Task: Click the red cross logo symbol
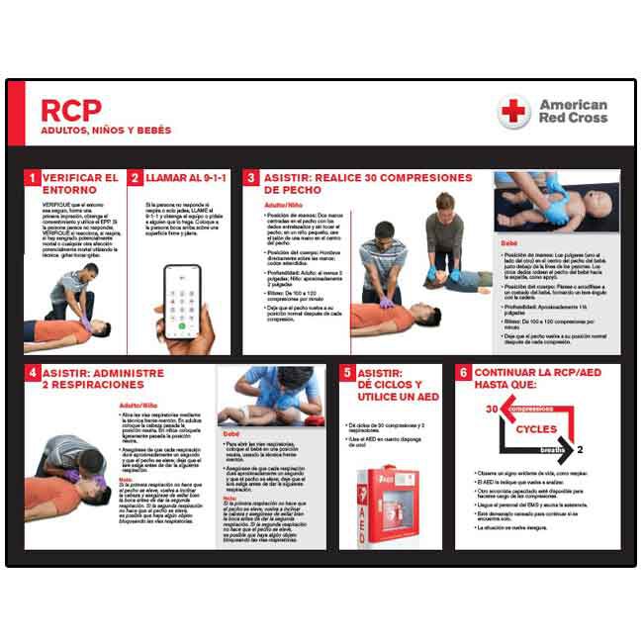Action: pyautogui.click(x=513, y=112)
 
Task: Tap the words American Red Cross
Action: pyautogui.click(x=573, y=112)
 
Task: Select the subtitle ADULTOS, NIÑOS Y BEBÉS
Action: pyautogui.click(x=106, y=131)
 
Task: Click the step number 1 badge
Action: pyautogui.click(x=33, y=178)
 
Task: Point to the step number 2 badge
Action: pyautogui.click(x=136, y=178)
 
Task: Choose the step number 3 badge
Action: pyautogui.click(x=252, y=178)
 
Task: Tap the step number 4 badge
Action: pyautogui.click(x=33, y=373)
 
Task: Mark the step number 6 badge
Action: pyautogui.click(x=463, y=373)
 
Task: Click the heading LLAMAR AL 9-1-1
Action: pyautogui.click(x=187, y=178)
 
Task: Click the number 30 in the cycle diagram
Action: pyautogui.click(x=490, y=409)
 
